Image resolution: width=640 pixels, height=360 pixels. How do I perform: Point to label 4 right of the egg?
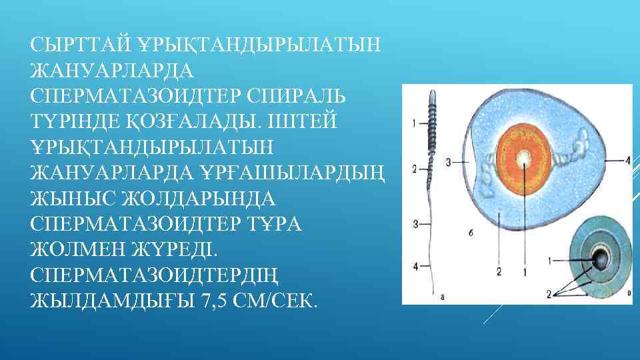tap(627, 159)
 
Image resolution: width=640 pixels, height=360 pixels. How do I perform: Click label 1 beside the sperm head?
tap(415, 123)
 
